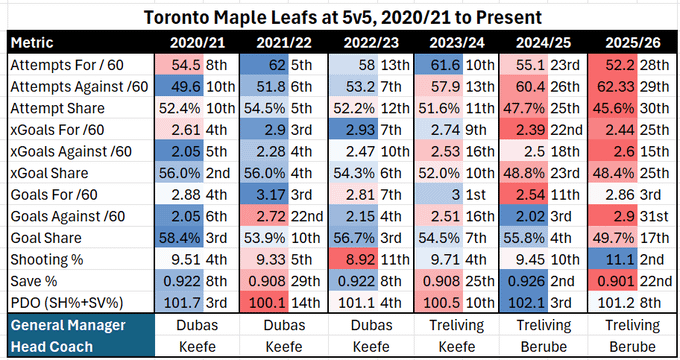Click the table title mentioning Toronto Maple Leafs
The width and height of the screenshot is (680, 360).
[x=340, y=17]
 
